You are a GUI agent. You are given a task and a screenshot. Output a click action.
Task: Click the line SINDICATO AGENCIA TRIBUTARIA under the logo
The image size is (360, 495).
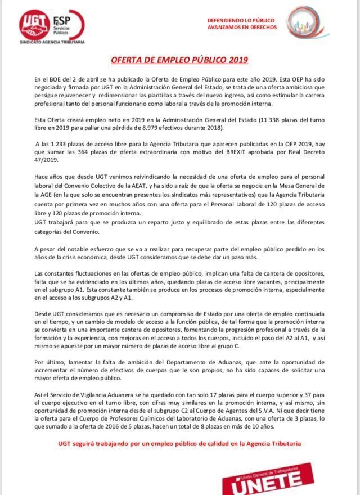click(52, 42)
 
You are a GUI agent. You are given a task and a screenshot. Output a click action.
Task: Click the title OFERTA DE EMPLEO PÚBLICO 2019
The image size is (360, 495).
click(179, 60)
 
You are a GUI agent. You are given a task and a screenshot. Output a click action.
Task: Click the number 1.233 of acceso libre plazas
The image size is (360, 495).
click(59, 144)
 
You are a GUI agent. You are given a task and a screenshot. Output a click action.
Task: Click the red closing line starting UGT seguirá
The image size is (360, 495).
click(179, 444)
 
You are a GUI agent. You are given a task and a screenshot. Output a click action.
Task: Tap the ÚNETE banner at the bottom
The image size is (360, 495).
click(273, 478)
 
